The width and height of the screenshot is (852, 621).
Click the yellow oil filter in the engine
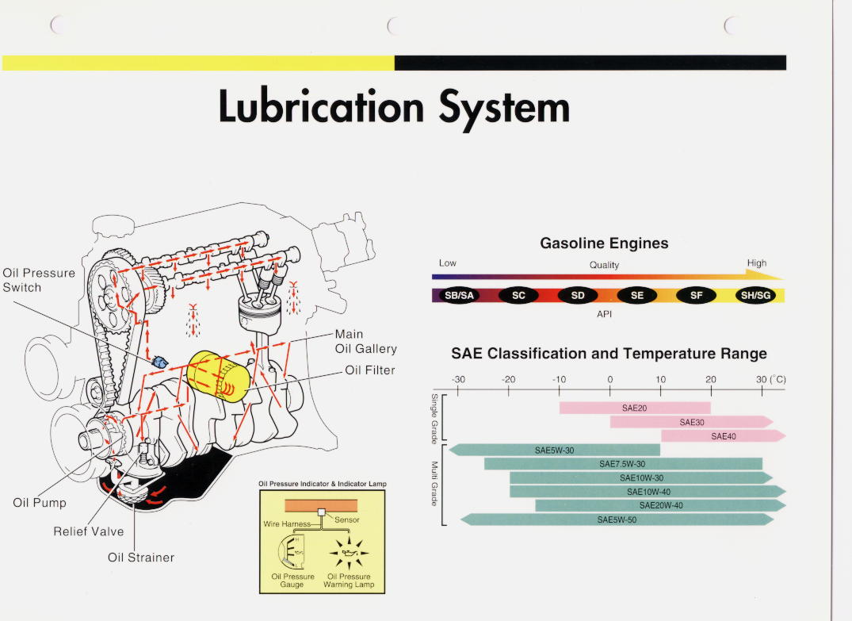coord(217,375)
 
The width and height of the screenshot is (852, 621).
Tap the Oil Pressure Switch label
coord(39,280)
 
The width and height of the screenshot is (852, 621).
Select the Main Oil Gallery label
coord(365,342)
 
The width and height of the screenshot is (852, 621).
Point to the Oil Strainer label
coord(141,558)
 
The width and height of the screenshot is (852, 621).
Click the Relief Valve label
coord(89,531)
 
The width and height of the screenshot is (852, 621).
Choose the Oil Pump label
coord(40,503)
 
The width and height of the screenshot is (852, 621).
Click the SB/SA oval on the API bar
coord(459,296)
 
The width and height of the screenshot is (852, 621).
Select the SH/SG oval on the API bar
coord(755,296)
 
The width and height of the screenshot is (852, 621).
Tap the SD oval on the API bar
coord(578,296)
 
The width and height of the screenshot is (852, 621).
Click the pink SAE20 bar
coord(635,408)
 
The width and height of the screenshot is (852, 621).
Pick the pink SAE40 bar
coord(723,436)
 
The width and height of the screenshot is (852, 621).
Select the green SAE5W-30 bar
coord(554,450)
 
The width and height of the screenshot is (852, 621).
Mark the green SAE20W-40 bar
coord(660,505)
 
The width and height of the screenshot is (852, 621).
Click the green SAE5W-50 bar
coord(617,520)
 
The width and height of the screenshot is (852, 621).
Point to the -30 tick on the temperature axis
coord(458,389)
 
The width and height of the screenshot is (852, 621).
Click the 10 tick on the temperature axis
coord(661,389)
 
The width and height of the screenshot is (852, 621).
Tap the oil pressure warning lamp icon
coord(349,549)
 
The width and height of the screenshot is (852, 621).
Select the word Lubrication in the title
coord(321,107)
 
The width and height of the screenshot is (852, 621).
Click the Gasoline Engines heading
coord(604,243)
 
